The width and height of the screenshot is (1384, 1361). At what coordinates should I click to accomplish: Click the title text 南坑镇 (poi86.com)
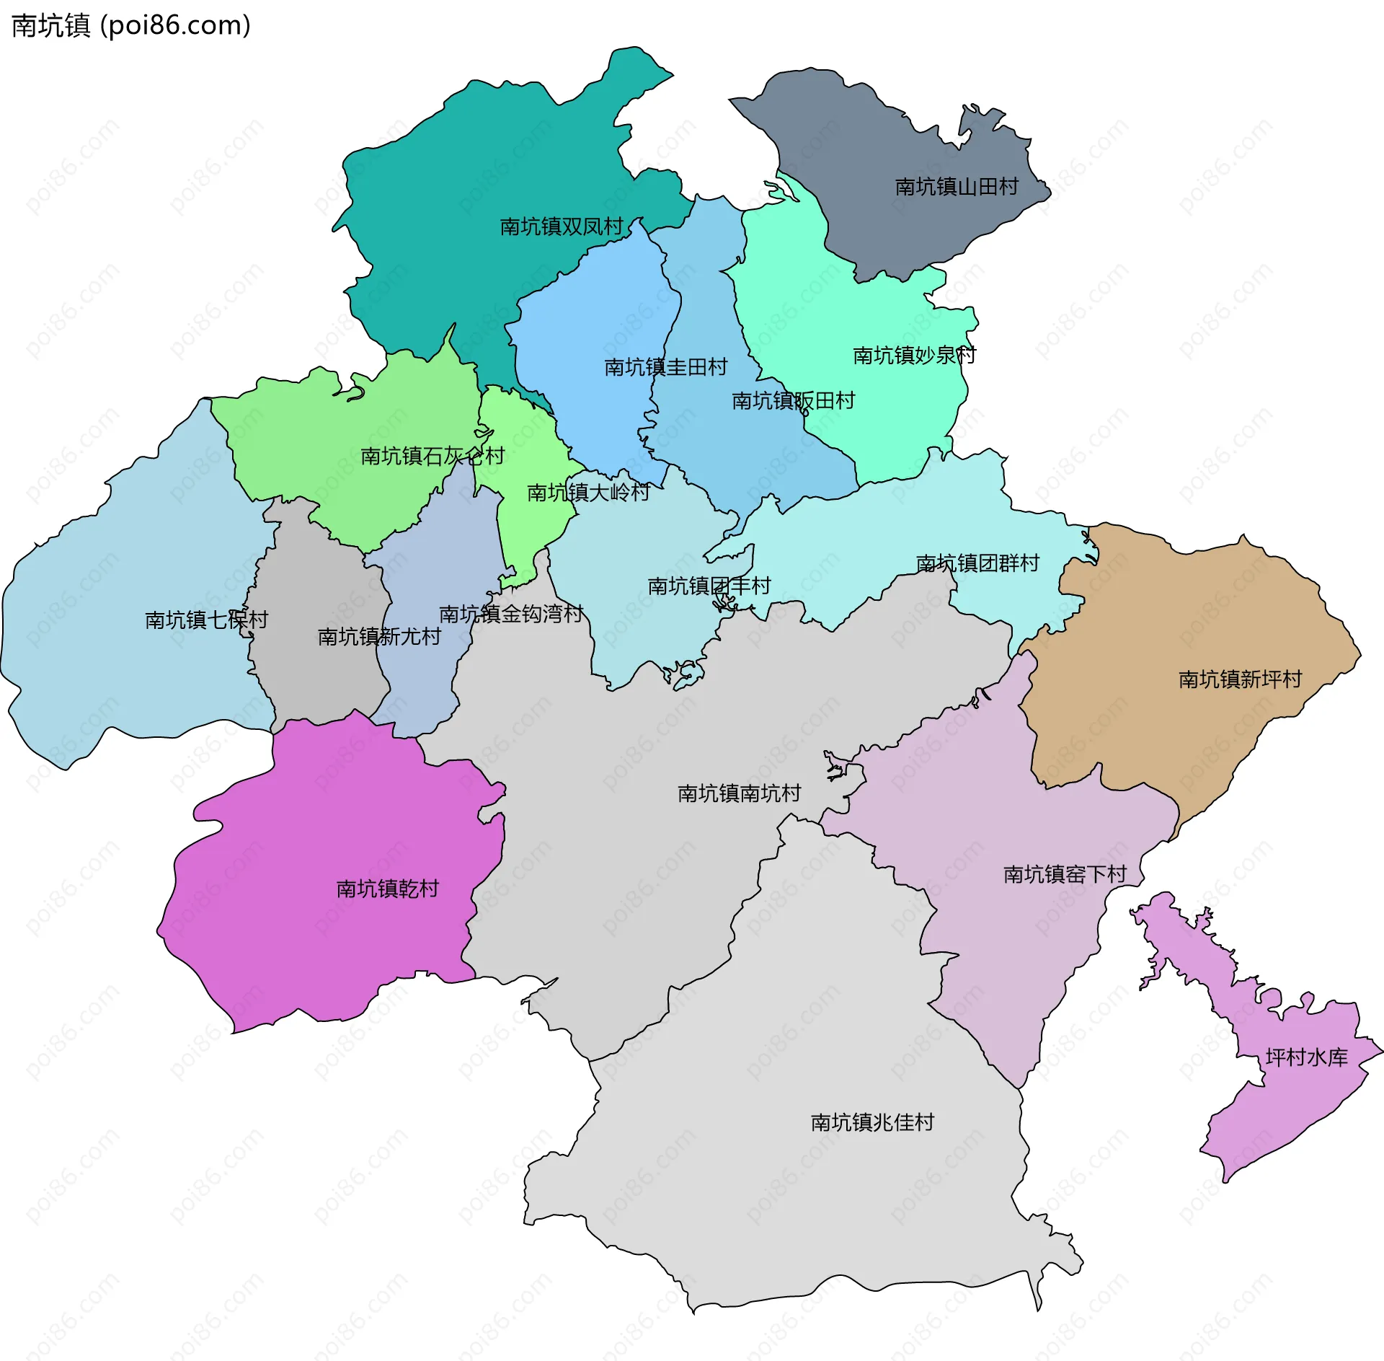(x=131, y=25)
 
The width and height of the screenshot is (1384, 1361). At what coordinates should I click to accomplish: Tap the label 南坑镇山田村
(x=956, y=187)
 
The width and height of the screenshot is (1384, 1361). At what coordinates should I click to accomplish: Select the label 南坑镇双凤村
(x=561, y=226)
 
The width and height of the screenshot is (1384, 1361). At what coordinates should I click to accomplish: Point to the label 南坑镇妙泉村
(x=914, y=356)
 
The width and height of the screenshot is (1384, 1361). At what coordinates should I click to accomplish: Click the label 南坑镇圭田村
(x=665, y=367)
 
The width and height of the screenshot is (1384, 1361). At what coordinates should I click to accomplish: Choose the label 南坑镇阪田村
(x=793, y=400)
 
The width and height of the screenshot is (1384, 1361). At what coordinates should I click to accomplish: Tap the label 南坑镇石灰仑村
(x=432, y=456)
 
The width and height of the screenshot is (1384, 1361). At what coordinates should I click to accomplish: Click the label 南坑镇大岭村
(x=588, y=493)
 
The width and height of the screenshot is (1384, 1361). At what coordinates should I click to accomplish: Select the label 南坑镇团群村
(x=977, y=563)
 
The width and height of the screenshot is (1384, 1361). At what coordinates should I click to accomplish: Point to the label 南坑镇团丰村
(x=709, y=586)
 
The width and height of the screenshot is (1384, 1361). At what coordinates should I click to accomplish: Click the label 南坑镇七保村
(x=206, y=620)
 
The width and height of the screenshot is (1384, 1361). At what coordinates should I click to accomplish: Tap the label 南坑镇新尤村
(x=379, y=636)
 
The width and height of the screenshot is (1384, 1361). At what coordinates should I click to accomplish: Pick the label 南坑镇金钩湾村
(x=510, y=614)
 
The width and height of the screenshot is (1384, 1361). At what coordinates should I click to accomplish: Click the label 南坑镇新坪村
(x=1240, y=679)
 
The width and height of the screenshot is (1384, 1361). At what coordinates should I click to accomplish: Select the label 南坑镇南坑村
(x=739, y=793)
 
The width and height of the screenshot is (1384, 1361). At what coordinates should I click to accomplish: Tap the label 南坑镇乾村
(x=387, y=889)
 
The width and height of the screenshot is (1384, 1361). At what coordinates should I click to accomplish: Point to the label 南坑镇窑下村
(x=1065, y=874)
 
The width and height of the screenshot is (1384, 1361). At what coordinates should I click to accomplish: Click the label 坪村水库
(x=1306, y=1057)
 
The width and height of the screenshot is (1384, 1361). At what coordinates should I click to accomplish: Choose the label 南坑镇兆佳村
(x=872, y=1122)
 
